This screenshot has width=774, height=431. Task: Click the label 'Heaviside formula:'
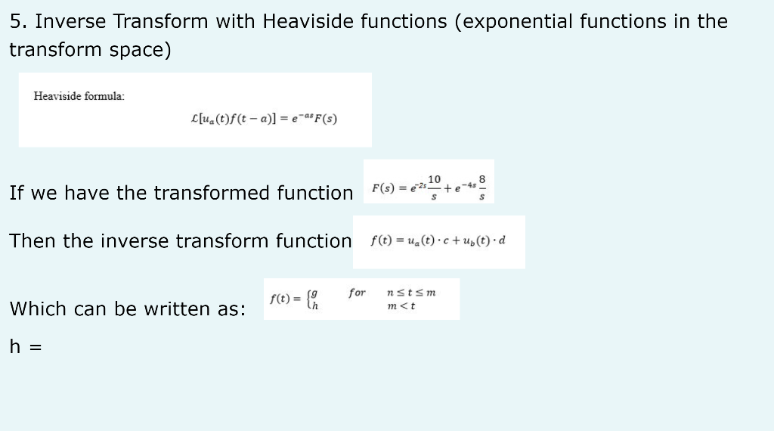click(79, 96)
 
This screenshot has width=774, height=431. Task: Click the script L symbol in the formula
click(197, 119)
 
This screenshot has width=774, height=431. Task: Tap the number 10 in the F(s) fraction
click(434, 179)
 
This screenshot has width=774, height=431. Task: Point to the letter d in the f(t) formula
click(502, 241)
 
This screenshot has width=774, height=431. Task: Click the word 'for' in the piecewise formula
click(357, 293)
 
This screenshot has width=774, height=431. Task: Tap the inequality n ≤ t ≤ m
click(410, 293)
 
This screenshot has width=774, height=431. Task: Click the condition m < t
click(401, 306)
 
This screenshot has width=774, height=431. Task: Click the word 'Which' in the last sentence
click(36, 309)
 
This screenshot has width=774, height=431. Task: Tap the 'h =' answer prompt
click(25, 347)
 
